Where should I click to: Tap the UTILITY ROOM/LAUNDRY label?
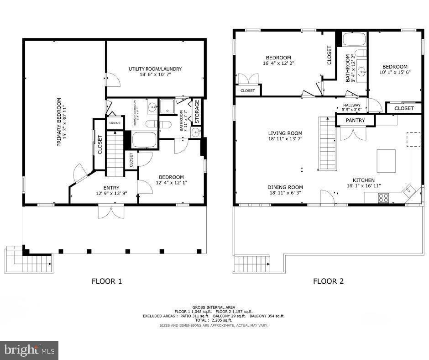[155, 69]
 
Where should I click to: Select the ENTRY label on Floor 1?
[111, 188]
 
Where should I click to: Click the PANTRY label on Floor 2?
[355, 121]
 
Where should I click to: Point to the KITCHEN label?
[363, 180]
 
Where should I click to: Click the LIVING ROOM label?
[285, 133]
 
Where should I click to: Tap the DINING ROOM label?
[285, 187]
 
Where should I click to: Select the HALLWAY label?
[352, 106]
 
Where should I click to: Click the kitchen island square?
[386, 160]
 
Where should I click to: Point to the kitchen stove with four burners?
[383, 198]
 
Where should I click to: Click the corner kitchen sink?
[408, 189]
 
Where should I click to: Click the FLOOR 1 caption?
[107, 281]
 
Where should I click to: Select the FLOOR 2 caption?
[328, 281]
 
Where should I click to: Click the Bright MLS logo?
[29, 350]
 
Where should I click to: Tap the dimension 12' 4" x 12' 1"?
[171, 183]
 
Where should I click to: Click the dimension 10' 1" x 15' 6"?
[395, 72]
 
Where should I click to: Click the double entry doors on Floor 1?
[110, 212]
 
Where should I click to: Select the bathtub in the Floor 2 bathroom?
[354, 40]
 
